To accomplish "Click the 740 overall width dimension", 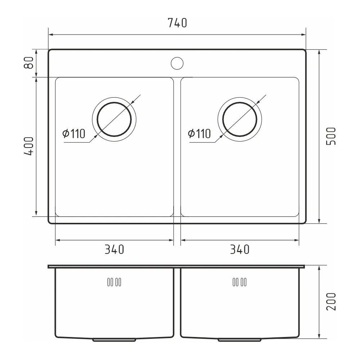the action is (x=177, y=23).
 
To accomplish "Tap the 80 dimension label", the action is (x=29, y=63).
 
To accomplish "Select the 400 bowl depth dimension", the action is (x=29, y=146).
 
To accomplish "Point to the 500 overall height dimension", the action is (x=331, y=136).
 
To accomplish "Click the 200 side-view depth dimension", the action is (x=331, y=302).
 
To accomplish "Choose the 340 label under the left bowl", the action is (x=114, y=249).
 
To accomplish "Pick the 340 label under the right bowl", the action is (x=240, y=249).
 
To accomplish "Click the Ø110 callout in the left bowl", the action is (x=74, y=134).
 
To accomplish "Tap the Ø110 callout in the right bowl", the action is (x=199, y=134).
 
